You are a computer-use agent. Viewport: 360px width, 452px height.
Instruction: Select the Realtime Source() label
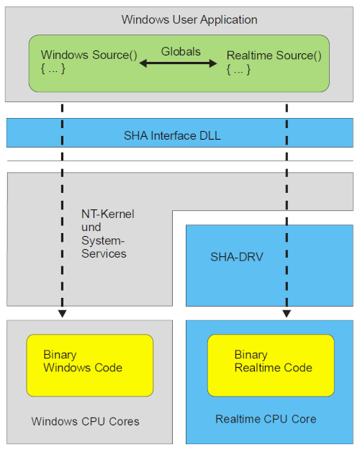coord(274,55)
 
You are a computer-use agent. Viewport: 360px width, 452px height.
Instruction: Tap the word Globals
coord(180,51)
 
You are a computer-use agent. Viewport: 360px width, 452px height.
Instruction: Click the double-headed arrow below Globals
coord(179,63)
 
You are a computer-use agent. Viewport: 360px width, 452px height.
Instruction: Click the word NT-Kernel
coord(107,214)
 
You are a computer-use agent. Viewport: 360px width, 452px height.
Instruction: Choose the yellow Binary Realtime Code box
coord(271,365)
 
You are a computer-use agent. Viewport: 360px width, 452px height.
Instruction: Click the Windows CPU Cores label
coord(85,421)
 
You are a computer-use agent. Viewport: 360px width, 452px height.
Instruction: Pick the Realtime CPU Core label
coord(266,419)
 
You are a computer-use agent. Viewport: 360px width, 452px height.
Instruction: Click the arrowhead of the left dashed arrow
coord(62,314)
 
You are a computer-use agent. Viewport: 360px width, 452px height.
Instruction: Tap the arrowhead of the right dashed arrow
coord(287,314)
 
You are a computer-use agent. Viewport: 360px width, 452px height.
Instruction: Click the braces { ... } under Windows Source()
coord(54,69)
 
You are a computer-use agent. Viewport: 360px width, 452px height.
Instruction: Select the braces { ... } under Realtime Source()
coord(240,69)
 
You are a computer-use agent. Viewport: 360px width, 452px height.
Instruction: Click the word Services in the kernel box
coord(104,253)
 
